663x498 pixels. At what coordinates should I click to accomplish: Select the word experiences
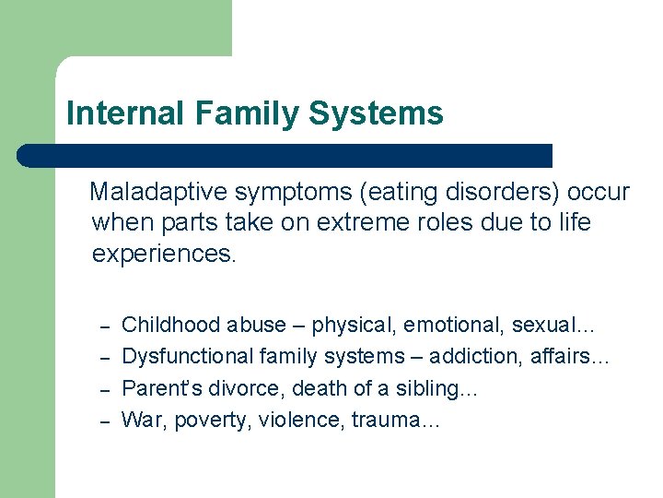(164, 254)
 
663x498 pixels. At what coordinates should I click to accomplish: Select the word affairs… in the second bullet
(570, 356)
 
